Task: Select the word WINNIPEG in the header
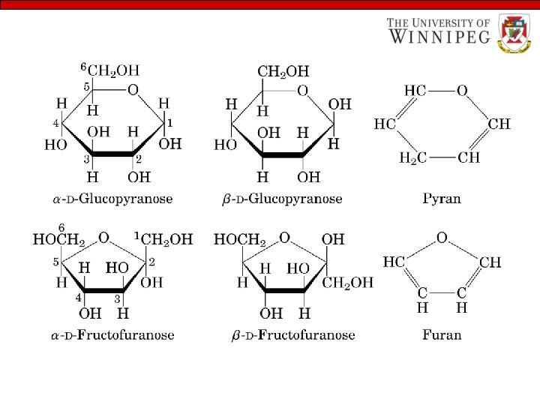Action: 439,36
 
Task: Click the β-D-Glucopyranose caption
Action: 282,199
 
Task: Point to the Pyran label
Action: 442,199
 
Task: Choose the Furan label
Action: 442,334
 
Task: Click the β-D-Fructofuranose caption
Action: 293,334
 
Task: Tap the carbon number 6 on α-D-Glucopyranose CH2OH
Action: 84,66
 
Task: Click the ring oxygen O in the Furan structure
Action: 442,238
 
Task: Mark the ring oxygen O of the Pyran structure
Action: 462,91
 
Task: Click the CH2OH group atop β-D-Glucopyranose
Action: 283,72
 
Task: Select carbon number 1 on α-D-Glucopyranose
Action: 170,121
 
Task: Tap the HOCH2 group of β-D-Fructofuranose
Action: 240,240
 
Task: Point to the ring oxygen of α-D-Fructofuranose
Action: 104,238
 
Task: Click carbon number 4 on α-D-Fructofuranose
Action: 77,298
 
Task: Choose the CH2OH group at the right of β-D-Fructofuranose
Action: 347,283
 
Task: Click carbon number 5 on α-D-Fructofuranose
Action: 55,262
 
